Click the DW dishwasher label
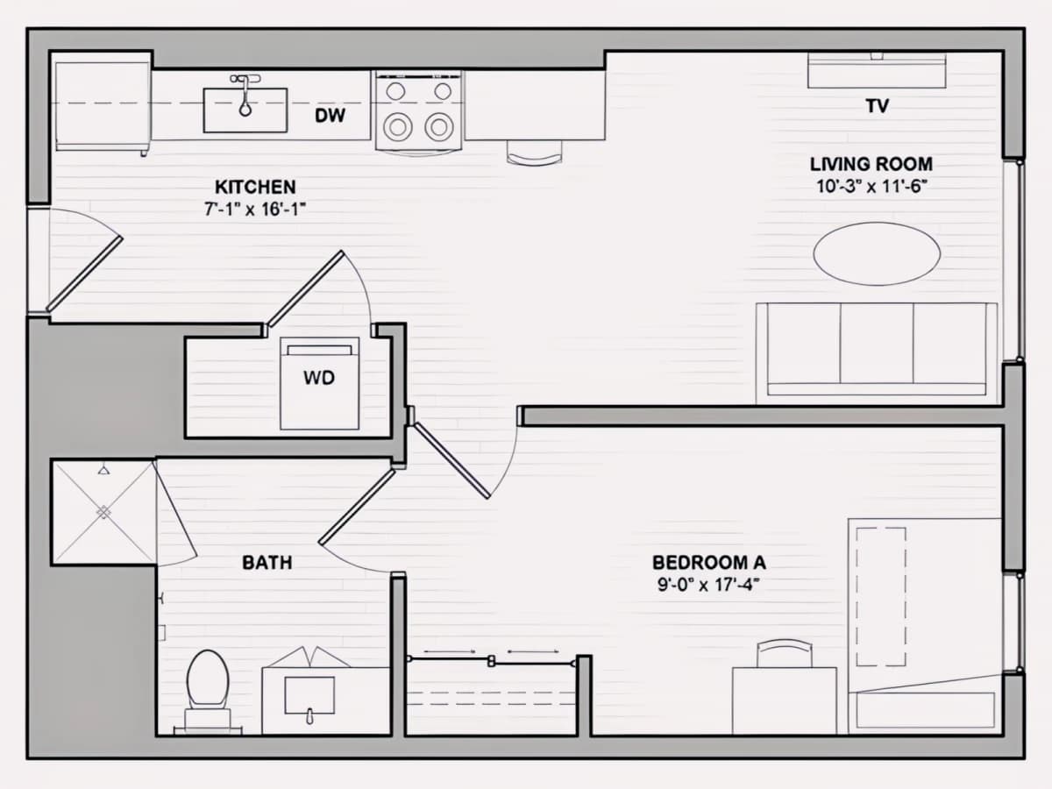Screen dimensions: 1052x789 (x=330, y=116)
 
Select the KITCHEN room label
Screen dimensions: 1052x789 (x=255, y=187)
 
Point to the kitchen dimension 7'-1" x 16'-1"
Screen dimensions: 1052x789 (x=255, y=210)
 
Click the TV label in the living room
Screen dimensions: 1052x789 (x=877, y=106)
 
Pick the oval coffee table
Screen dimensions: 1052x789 (x=877, y=254)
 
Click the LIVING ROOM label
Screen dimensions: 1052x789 (x=871, y=164)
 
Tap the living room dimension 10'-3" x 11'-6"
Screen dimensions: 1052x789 (x=871, y=187)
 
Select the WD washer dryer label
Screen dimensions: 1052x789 (x=319, y=378)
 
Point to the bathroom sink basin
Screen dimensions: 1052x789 (x=309, y=695)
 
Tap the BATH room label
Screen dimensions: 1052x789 (x=267, y=563)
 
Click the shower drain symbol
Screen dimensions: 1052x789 (x=103, y=513)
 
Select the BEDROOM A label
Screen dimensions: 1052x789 (x=709, y=563)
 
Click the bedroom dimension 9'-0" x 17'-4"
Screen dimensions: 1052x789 (x=709, y=585)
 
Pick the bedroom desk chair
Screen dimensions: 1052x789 (x=785, y=653)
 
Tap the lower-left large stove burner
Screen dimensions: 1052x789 (x=398, y=127)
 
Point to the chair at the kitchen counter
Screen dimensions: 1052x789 (x=535, y=153)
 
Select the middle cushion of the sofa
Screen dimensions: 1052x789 (x=877, y=343)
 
